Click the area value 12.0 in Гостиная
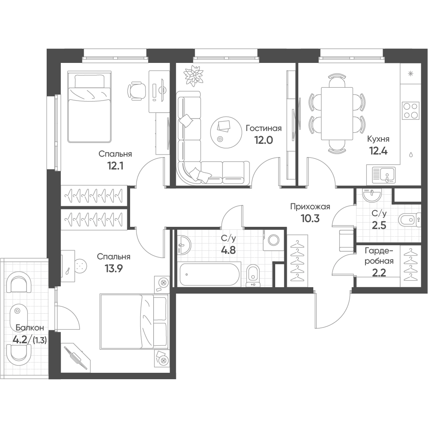coord(263,140)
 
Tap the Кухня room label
coord(378,139)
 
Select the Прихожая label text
coord(310,207)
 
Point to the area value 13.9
coord(113,269)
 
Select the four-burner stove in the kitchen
coord(411,110)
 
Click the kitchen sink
coord(384,175)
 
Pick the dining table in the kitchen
coord(337,113)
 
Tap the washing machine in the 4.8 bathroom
coord(273,240)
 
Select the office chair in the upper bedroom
coord(137,90)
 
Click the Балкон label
coord(30,327)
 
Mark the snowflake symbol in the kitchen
coord(410,74)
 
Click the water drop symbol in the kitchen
coord(411,155)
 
